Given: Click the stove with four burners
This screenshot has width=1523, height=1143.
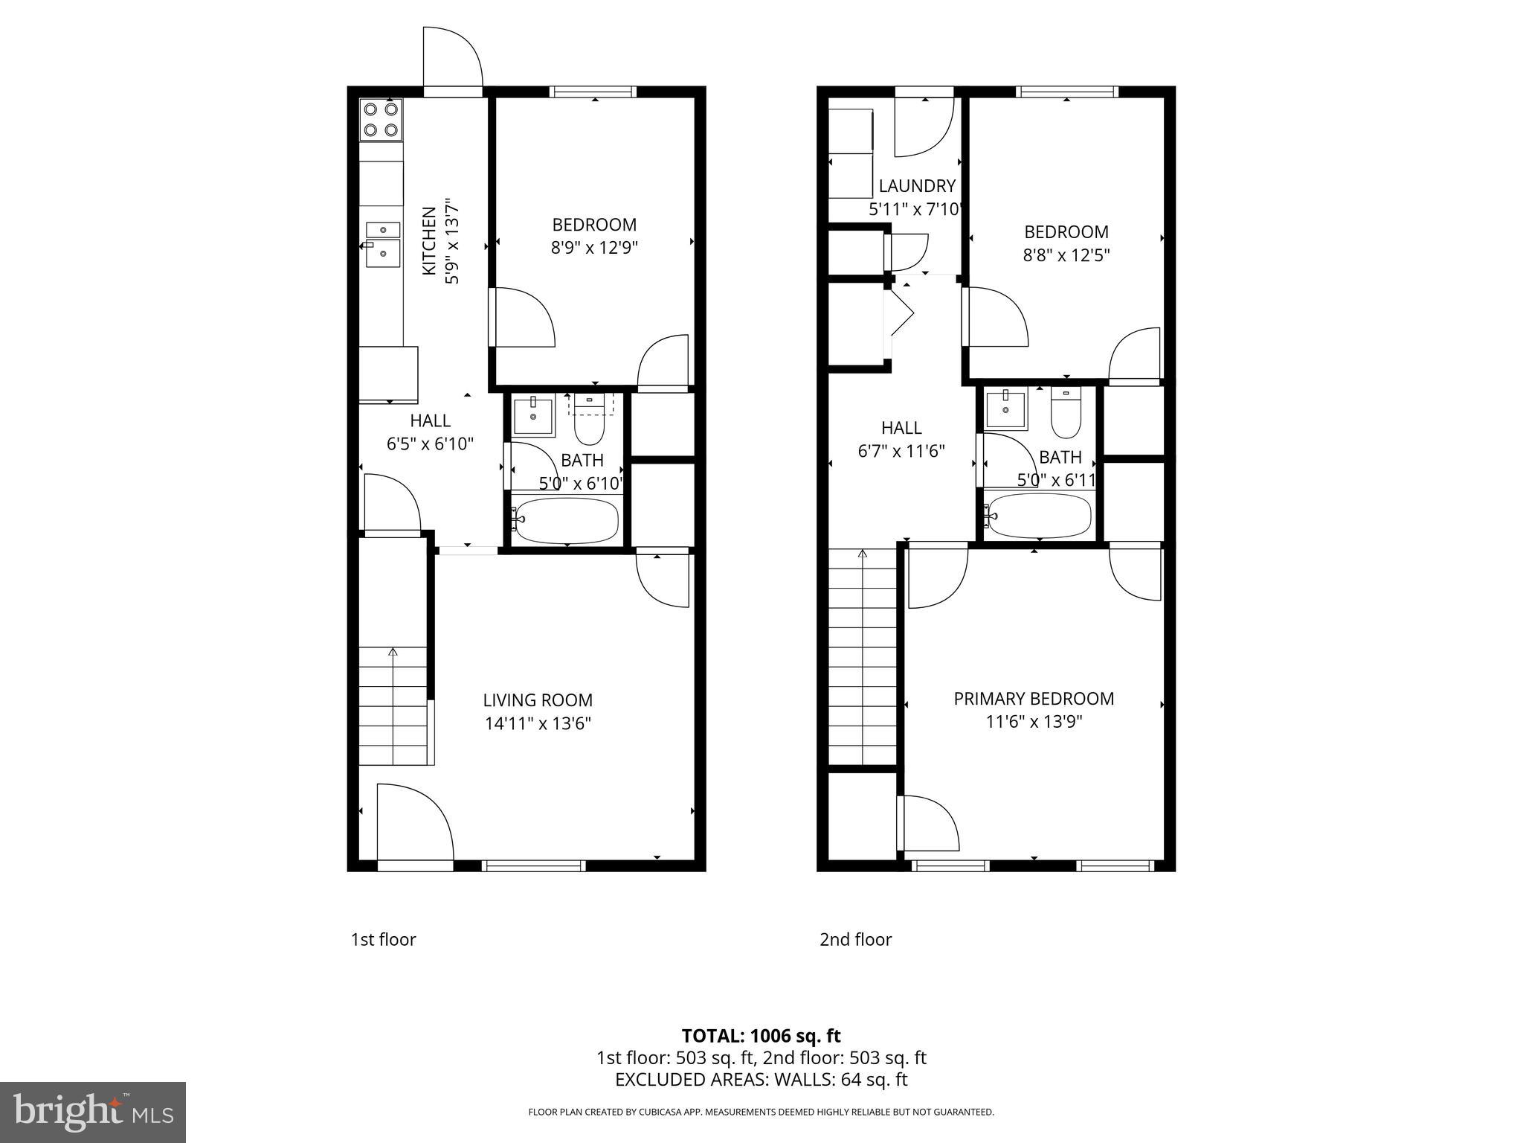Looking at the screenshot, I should [x=381, y=120].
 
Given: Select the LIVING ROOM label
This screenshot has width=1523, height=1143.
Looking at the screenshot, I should [x=538, y=700].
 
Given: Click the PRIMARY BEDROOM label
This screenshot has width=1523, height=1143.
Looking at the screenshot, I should [x=1034, y=699].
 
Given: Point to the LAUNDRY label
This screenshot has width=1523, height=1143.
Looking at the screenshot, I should [x=917, y=186].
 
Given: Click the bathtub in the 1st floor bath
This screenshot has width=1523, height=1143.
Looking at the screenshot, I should [x=567, y=520].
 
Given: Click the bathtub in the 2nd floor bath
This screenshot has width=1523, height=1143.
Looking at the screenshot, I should [x=1040, y=516].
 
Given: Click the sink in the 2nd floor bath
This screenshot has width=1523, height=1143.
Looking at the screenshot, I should [x=1005, y=409].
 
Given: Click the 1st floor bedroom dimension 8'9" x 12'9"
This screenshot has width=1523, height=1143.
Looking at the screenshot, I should [x=594, y=248].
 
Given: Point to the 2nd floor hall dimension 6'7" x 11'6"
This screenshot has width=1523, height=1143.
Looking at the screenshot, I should [x=901, y=451].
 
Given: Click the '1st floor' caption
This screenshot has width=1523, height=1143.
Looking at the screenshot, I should [x=383, y=940].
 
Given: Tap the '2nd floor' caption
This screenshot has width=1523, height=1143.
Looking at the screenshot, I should [x=855, y=940].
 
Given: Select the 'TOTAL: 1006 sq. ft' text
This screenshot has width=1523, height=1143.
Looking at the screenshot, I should [x=761, y=1036].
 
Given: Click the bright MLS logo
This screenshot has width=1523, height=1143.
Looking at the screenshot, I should [x=93, y=1112].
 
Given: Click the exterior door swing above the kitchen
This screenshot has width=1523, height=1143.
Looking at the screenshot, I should [x=452, y=58].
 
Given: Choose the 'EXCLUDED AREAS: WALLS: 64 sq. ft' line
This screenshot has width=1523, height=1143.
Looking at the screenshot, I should [x=761, y=1080].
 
